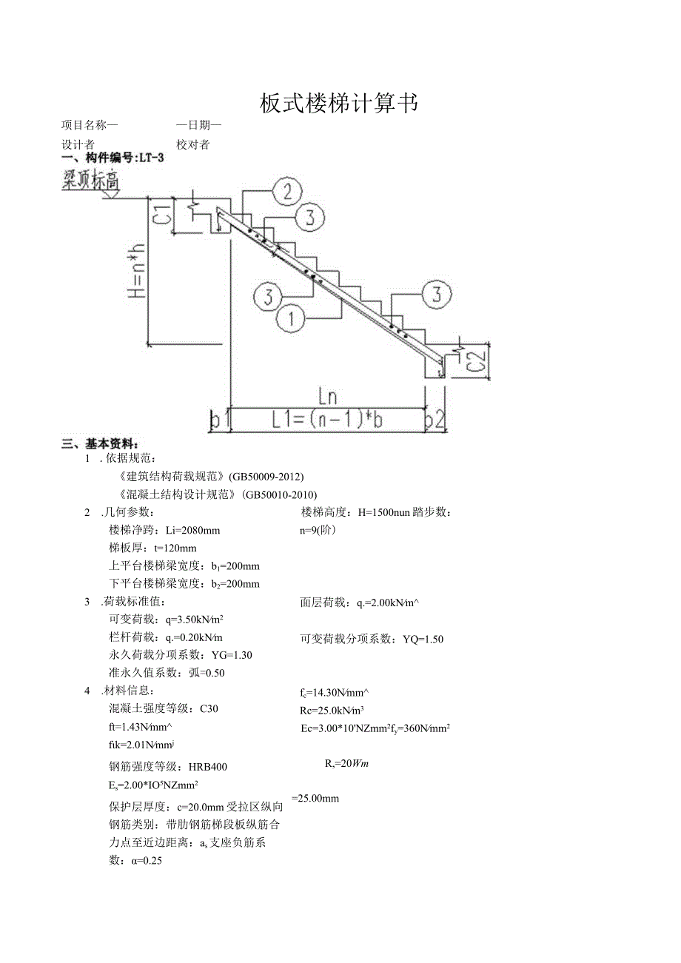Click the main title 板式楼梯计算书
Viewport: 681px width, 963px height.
click(x=339, y=104)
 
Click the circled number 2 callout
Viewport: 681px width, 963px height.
click(x=287, y=192)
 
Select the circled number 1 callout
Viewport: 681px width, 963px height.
click(x=291, y=319)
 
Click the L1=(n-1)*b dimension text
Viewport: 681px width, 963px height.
click(x=326, y=420)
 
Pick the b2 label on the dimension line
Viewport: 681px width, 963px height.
click(x=435, y=421)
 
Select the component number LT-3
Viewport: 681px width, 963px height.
click(x=151, y=158)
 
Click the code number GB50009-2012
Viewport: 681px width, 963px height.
click(x=266, y=475)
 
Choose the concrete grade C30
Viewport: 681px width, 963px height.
click(x=209, y=708)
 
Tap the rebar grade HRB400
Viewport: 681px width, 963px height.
click(x=208, y=767)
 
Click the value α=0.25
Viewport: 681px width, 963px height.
click(x=147, y=861)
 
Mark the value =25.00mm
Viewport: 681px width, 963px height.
click(x=315, y=798)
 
